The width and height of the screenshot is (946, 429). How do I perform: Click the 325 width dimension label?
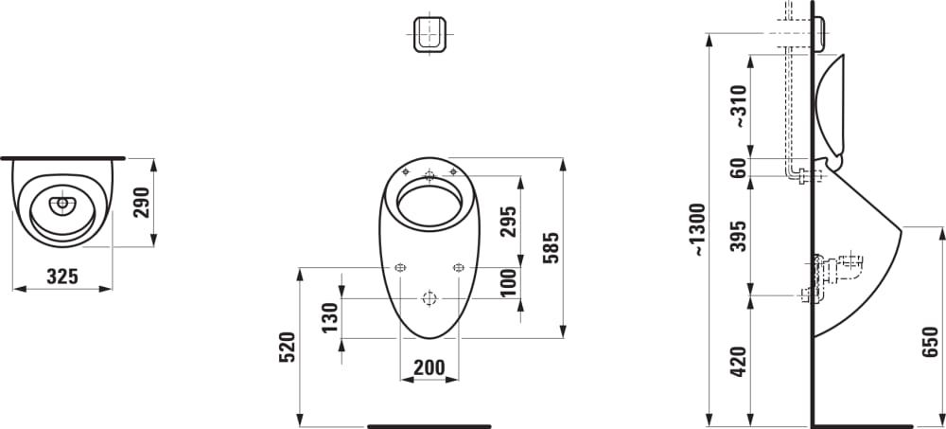[62, 277]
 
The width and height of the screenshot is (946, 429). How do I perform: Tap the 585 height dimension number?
[550, 248]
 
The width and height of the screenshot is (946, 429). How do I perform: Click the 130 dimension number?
[329, 318]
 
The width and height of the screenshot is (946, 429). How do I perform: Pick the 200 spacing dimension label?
[429, 366]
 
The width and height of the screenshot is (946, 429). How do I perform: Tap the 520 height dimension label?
[288, 347]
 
